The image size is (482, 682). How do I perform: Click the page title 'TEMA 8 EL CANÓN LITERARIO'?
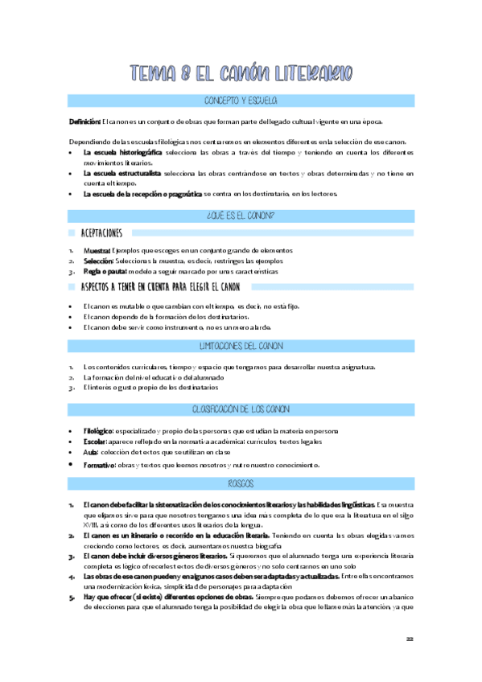coord(241,73)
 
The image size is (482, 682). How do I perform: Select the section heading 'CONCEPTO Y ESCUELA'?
coord(241,101)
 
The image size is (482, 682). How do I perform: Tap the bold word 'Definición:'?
coord(84,121)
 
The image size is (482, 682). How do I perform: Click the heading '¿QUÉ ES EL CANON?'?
coord(241,216)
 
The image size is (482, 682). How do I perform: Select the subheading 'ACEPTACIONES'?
coord(102,233)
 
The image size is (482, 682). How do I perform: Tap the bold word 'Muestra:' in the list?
coord(97,251)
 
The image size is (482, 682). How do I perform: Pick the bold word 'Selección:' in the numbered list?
coord(98,261)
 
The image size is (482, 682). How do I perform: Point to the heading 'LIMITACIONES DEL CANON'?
coord(241,346)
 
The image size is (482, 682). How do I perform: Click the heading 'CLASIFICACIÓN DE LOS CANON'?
coord(241,409)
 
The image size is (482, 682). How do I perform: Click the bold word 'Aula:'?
coord(90,453)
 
